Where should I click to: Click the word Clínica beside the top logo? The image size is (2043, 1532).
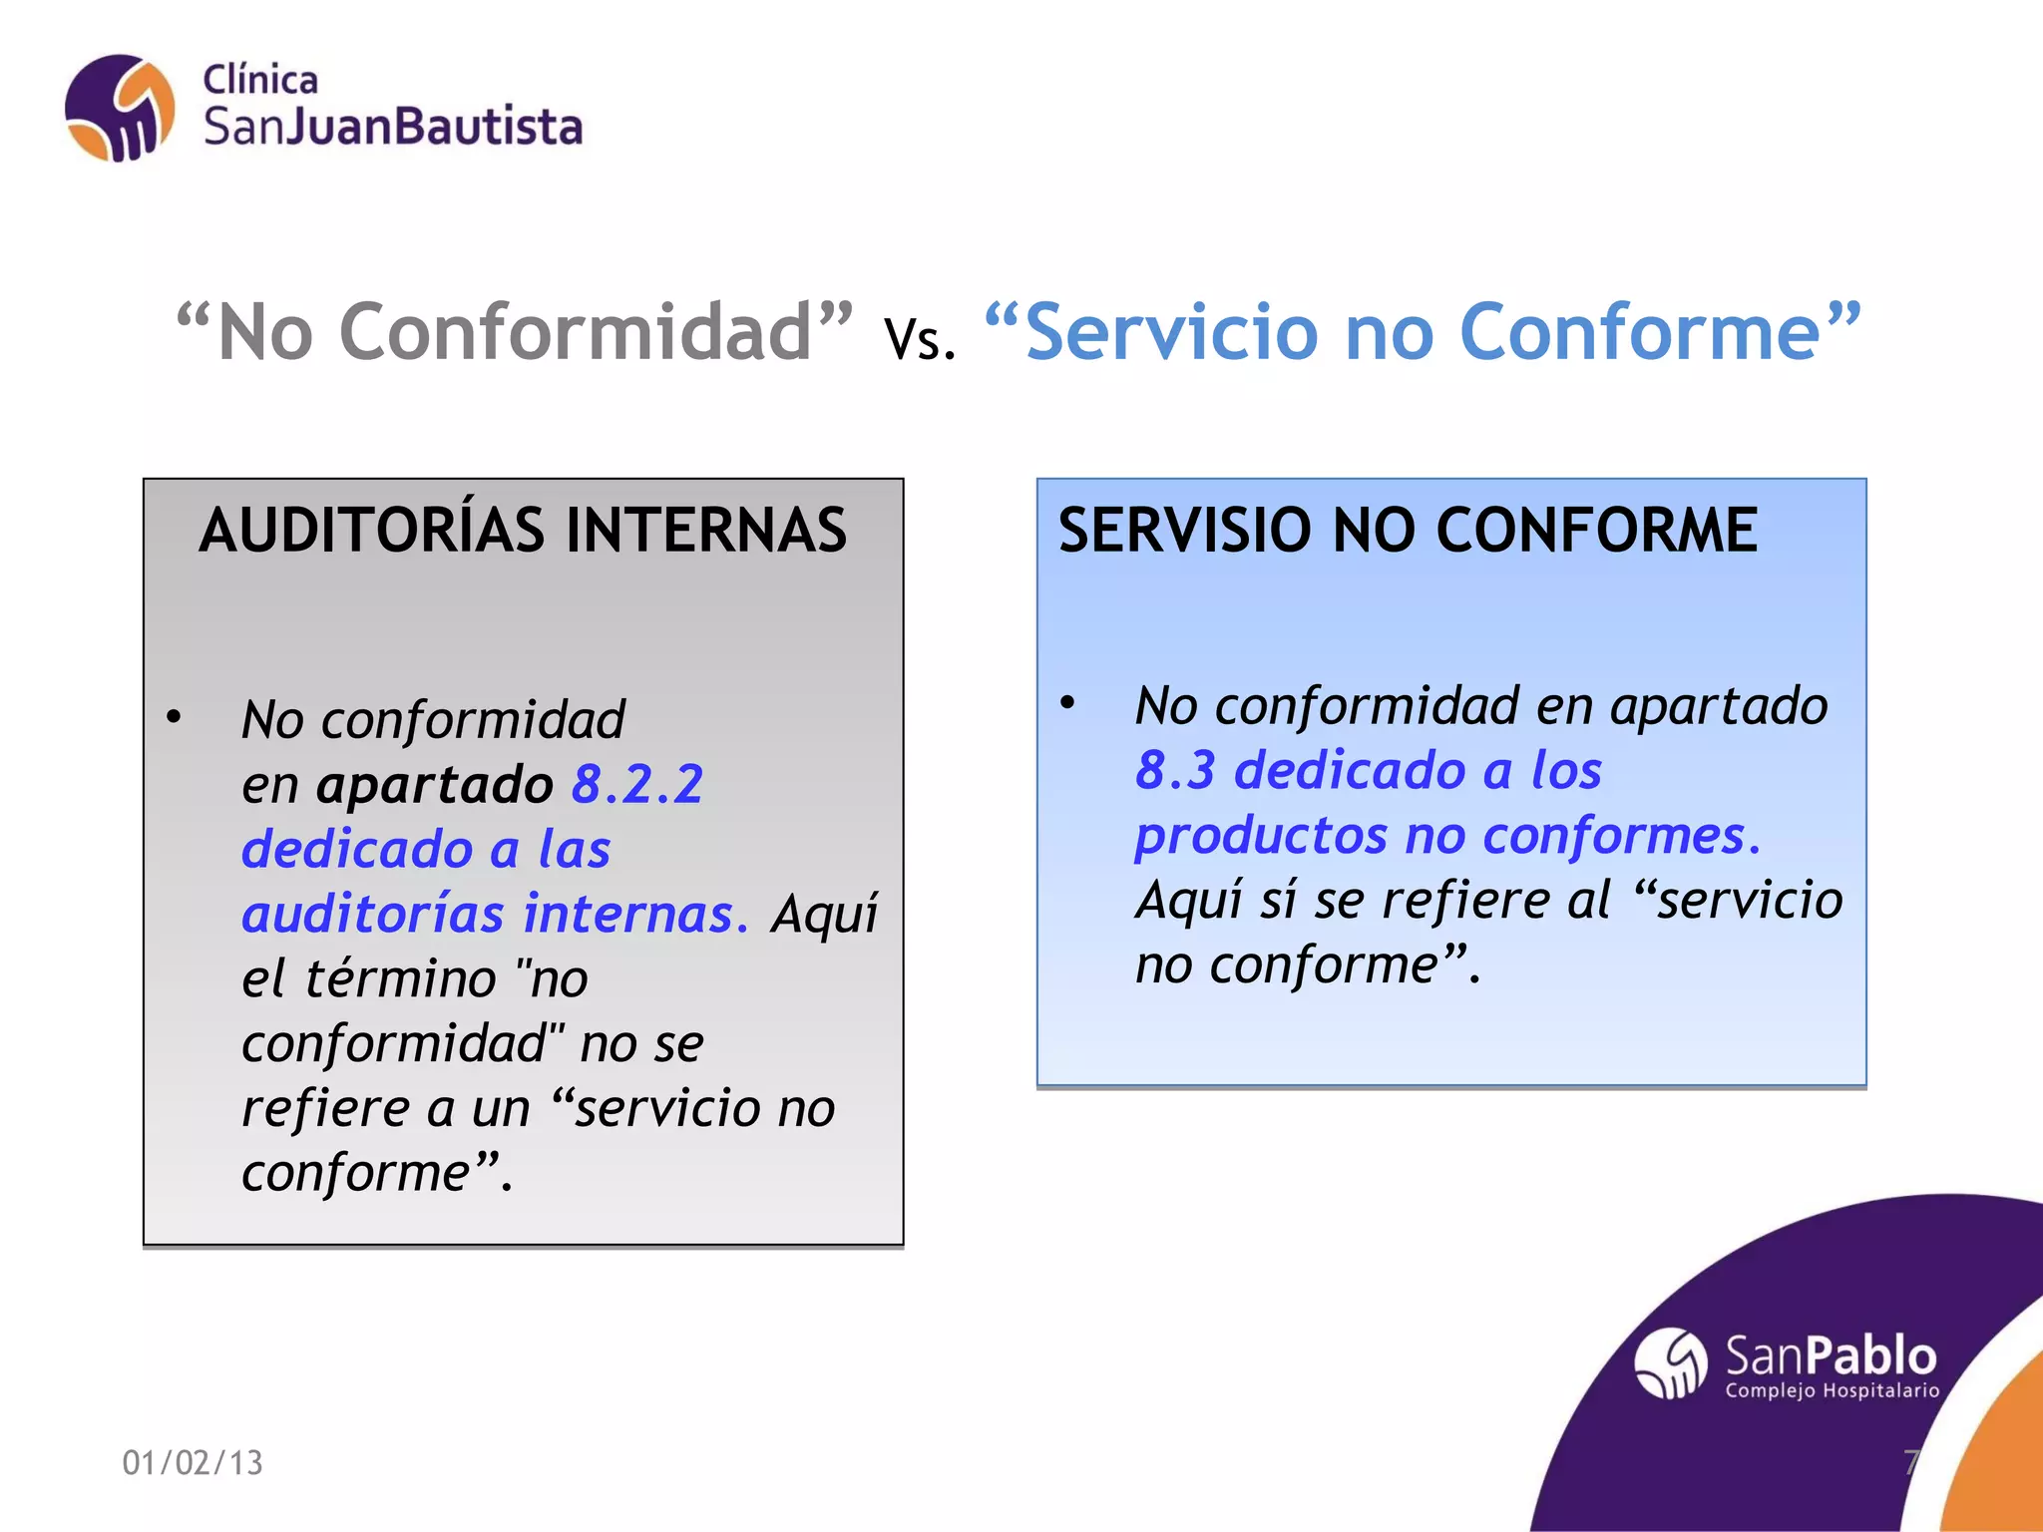[x=260, y=80]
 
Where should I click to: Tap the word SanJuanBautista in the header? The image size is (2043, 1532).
[x=393, y=128]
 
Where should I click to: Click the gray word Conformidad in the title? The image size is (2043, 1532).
[x=576, y=332]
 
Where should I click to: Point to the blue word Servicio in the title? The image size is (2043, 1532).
[x=1170, y=332]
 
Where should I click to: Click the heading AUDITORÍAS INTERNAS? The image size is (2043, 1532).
[x=523, y=530]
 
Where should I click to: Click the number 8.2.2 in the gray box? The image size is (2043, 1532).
[x=638, y=784]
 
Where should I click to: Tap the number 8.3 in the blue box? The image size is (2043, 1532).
[x=1175, y=770]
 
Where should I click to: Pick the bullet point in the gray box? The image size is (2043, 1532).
[x=175, y=717]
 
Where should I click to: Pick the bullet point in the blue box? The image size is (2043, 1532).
[x=1067, y=703]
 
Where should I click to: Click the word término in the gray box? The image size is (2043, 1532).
[x=400, y=978]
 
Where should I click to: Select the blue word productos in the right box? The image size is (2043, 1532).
[x=1261, y=836]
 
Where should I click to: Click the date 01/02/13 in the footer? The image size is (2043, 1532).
[x=193, y=1462]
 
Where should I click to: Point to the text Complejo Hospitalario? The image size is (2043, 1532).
[x=1832, y=1390]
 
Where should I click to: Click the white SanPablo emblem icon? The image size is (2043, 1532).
[x=1671, y=1363]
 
